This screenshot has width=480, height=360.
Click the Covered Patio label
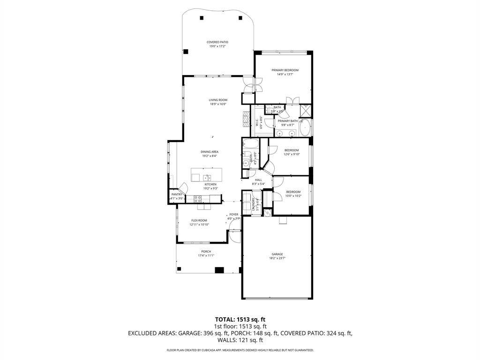coord(217,42)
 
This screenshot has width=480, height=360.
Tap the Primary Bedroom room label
coord(285,70)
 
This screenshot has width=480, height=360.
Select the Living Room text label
coord(218,100)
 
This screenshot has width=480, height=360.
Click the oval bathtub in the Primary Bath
coord(305,127)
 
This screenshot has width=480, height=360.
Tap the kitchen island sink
coord(206,177)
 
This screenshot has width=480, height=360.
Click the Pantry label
coord(177,194)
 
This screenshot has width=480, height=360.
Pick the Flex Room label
coord(199,220)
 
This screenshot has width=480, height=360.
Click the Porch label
coord(206,251)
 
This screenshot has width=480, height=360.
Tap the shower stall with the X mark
coord(306,111)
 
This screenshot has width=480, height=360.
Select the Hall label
coord(258,180)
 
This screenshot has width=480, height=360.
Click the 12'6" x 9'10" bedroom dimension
coord(292,154)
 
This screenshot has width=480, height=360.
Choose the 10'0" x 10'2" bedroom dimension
coord(293,196)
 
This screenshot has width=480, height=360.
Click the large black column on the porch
coord(219,270)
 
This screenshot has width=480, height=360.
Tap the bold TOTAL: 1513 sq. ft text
coord(240,319)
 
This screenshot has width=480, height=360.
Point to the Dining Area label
coord(210,151)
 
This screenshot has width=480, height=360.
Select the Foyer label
coord(233,214)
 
